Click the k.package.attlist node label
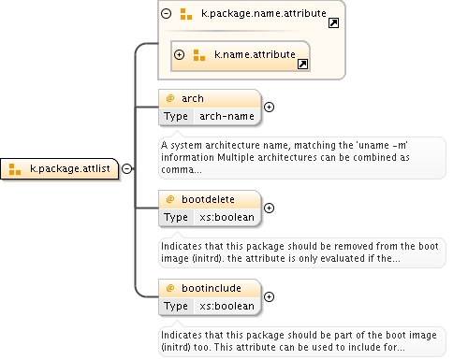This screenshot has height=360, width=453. (70, 168)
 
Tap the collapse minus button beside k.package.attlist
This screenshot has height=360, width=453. (126, 168)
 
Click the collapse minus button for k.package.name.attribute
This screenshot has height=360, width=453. (166, 13)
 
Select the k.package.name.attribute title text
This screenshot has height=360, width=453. (264, 13)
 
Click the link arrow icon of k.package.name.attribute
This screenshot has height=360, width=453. (333, 22)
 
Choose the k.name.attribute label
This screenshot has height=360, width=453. (255, 54)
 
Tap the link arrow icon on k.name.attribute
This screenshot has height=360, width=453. (302, 64)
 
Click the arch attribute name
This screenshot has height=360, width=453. (193, 98)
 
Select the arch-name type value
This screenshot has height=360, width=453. (226, 116)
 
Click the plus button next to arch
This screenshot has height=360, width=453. (269, 107)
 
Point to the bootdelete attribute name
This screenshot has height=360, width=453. (208, 199)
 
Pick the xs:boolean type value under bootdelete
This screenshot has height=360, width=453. (226, 217)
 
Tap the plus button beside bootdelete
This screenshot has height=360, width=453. (269, 208)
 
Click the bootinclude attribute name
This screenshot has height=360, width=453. (212, 288)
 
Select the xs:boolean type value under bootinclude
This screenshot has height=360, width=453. (226, 306)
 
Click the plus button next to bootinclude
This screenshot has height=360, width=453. (269, 296)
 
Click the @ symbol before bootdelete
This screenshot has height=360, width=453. (170, 199)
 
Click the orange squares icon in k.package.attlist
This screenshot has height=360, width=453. (15, 169)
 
